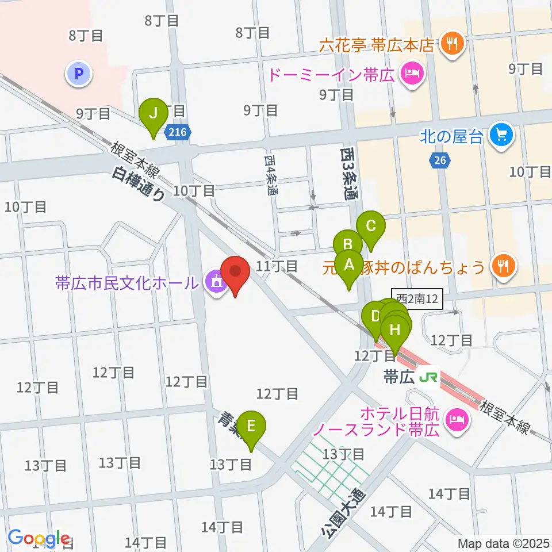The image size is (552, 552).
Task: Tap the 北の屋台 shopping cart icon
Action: click(500, 136)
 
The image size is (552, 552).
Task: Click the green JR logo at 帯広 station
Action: click(428, 378)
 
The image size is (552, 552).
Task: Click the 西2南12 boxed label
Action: click(417, 299)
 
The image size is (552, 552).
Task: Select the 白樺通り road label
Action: click(139, 183)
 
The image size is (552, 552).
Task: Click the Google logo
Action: click(39, 538)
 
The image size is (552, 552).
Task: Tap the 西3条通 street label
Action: click(348, 173)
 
